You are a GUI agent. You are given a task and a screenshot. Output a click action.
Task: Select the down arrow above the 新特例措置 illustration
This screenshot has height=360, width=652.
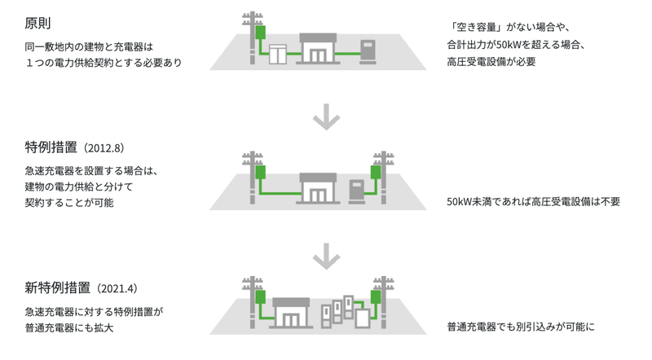click(325, 257)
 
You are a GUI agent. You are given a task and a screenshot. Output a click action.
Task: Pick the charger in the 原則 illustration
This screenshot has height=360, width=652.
click(369, 50)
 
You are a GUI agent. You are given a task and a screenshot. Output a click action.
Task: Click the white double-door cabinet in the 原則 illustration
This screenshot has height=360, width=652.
click(279, 54)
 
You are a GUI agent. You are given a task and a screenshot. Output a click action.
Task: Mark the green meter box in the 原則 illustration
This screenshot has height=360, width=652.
click(261, 33)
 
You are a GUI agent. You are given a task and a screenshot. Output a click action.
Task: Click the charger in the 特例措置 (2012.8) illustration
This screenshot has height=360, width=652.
click(357, 190)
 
